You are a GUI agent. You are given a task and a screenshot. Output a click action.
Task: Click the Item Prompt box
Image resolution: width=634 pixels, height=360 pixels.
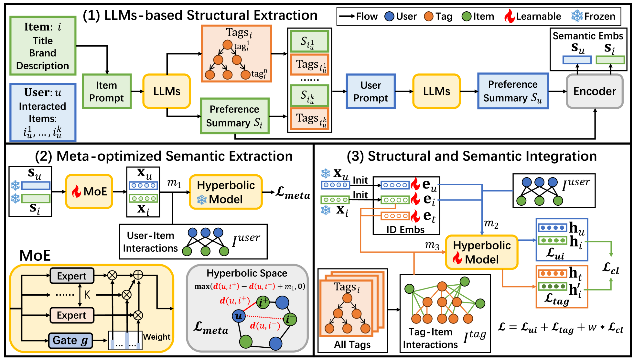click(x=106, y=91)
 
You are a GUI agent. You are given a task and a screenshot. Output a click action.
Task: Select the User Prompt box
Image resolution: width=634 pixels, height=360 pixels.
click(x=371, y=91)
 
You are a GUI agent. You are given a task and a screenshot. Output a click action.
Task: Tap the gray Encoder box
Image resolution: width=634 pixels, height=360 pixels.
click(x=595, y=91)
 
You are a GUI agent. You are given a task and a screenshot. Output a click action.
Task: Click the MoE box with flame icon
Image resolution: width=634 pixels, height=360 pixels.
click(x=89, y=191)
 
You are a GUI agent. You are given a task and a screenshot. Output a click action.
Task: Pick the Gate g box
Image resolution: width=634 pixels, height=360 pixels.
click(x=70, y=340)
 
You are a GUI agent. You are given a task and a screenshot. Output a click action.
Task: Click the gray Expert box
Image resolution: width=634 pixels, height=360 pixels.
click(x=72, y=276)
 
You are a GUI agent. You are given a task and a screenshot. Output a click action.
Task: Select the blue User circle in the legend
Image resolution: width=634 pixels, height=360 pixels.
click(x=389, y=16)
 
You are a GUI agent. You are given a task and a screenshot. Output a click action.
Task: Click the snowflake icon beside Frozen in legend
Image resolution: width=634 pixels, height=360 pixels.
click(x=577, y=16)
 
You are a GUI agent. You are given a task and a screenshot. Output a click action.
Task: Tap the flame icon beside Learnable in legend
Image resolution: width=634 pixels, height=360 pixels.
click(x=510, y=16)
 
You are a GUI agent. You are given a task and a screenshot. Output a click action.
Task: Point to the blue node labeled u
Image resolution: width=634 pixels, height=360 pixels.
click(x=239, y=316)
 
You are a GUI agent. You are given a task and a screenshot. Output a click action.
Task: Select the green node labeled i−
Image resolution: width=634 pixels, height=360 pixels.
click(x=290, y=319)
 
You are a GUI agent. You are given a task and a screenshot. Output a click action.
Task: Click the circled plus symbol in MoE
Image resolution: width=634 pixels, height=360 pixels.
click(x=138, y=275)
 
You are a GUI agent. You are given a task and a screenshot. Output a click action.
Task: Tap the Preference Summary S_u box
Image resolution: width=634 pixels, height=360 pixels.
click(x=513, y=91)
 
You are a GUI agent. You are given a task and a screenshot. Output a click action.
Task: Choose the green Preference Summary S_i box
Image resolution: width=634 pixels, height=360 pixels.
click(x=234, y=116)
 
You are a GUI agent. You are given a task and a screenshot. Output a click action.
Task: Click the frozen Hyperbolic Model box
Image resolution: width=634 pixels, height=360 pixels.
click(x=226, y=192)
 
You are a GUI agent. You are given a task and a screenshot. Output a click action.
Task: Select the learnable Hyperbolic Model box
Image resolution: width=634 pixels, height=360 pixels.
click(x=481, y=252)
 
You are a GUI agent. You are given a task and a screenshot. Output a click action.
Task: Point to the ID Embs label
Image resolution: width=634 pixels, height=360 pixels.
click(x=405, y=229)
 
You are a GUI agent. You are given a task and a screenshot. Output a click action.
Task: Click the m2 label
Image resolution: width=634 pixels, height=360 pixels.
click(x=491, y=224)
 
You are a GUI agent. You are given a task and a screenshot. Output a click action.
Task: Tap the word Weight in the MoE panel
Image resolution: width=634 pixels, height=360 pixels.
click(x=157, y=337)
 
